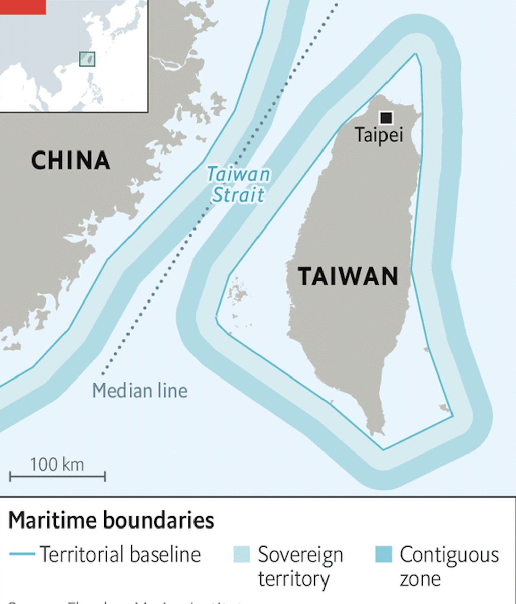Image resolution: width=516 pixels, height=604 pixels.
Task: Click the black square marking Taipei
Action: click(x=386, y=117)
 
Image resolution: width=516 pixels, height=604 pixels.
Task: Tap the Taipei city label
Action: click(x=379, y=135)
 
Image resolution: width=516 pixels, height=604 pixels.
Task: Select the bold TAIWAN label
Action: click(x=348, y=276)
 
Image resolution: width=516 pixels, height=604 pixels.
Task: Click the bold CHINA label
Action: click(x=71, y=161)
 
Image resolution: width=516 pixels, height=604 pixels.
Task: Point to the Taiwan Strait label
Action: click(x=238, y=185)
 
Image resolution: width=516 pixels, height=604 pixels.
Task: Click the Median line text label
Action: click(x=140, y=391)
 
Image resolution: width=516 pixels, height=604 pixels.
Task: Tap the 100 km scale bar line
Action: click(x=57, y=476)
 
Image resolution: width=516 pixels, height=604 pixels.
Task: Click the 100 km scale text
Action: click(x=56, y=464)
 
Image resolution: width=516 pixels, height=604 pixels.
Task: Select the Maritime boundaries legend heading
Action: click(x=111, y=520)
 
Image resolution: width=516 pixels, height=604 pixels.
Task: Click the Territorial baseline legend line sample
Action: click(x=22, y=554)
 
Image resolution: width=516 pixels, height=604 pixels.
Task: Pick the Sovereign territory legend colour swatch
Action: click(x=242, y=554)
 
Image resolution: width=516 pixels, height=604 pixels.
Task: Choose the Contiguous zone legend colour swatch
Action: click(x=383, y=554)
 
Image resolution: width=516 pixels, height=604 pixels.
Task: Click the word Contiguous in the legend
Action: click(x=449, y=554)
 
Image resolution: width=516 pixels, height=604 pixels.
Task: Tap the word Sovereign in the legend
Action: click(x=300, y=555)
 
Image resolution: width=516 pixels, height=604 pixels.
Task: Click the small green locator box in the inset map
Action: click(x=87, y=59)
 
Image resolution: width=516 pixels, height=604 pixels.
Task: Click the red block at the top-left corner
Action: click(x=23, y=7)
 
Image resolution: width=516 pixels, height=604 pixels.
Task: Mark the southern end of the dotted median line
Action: click(x=103, y=374)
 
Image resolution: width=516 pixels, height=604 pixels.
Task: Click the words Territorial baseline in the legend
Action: click(x=120, y=554)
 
